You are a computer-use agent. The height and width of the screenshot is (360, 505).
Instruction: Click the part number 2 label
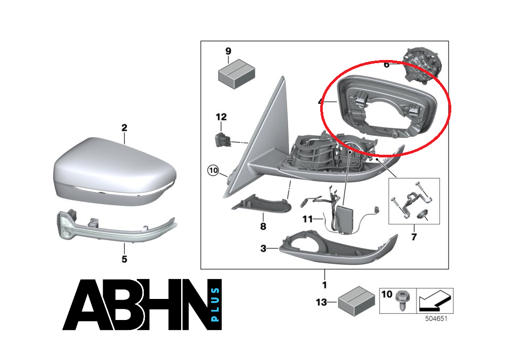click(x=124, y=128)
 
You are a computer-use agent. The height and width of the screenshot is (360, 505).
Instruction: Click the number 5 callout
click(x=124, y=259)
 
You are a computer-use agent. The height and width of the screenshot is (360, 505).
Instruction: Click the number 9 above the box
click(x=228, y=51)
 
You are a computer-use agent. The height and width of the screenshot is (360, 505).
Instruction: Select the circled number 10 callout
click(x=213, y=171)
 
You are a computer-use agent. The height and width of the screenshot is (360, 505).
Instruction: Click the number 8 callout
click(x=263, y=226)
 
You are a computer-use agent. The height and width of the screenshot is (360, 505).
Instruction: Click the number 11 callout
click(x=307, y=218)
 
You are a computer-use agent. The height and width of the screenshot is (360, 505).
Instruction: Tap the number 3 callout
click(x=263, y=248)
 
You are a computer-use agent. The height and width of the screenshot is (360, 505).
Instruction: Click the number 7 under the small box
click(x=414, y=237)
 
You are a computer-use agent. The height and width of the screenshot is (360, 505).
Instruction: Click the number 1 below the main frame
click(x=324, y=285)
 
